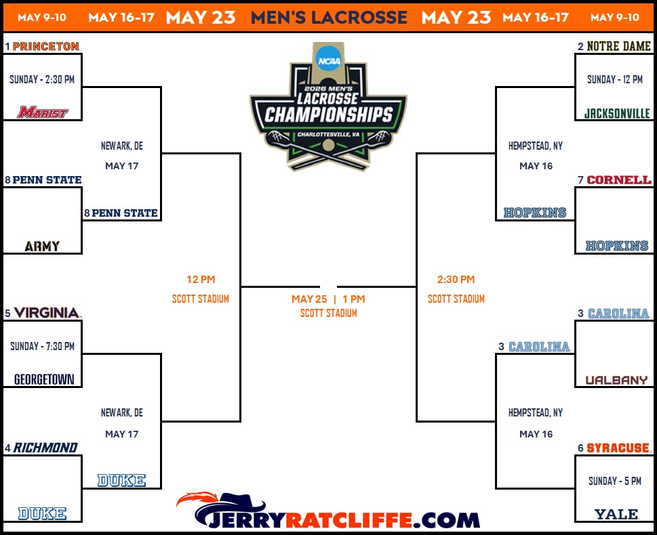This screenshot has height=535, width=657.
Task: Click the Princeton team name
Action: [x=46, y=46]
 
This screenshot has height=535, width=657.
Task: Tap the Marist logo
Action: [x=43, y=112]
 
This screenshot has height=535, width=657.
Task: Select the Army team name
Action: [x=42, y=246]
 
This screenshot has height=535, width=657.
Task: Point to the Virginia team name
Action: [x=47, y=313]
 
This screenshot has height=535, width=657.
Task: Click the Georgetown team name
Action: [x=44, y=379]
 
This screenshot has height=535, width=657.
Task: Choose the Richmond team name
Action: [x=45, y=448]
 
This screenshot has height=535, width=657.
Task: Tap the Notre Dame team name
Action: [x=618, y=46]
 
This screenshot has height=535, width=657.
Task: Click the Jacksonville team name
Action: [x=617, y=113]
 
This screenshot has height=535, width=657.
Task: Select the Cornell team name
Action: [x=619, y=179]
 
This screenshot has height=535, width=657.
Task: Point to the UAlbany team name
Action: [x=616, y=380]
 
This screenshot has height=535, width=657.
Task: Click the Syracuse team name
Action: [x=618, y=448]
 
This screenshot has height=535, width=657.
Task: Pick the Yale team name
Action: [x=616, y=514]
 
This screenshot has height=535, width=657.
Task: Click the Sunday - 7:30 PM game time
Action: [x=42, y=346]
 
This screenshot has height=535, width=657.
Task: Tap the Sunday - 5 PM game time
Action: [x=615, y=481]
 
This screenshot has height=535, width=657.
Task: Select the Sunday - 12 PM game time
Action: [x=615, y=79]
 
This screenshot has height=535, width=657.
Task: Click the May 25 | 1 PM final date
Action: [x=328, y=299]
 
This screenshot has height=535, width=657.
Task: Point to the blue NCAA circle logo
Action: [x=329, y=61]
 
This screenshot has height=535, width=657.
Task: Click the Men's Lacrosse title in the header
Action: [x=329, y=18]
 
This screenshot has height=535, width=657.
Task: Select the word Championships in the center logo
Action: [x=329, y=114]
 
